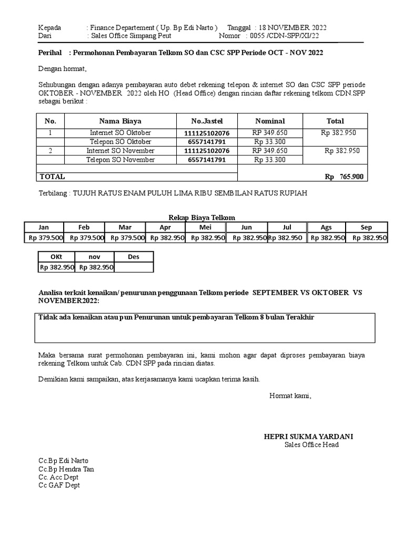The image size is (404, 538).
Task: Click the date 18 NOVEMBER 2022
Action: pos(292,27)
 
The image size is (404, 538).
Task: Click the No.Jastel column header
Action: pos(207,121)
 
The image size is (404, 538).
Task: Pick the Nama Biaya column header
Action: pos(120,121)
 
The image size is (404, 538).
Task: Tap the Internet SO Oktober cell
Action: pos(120,133)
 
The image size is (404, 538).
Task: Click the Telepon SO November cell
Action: pos(120,160)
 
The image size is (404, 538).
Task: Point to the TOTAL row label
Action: pos(53,177)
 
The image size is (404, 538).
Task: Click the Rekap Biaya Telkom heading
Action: pos(201,218)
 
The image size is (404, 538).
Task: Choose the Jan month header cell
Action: pos(44,227)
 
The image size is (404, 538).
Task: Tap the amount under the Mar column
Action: pos(125,237)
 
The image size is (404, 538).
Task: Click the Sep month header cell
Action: pos(366,227)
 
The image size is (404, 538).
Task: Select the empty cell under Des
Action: pos(134,267)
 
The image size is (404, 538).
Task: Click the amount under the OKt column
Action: pos(56,267)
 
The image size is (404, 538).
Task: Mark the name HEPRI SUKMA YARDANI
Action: pos(308,437)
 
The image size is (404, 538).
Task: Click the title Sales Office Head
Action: pos(311,445)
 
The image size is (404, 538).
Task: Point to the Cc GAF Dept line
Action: pos(59,485)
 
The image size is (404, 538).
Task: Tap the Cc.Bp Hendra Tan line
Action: pos(66,469)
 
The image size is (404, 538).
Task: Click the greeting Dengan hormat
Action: pos(62,69)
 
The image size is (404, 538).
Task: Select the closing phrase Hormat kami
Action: pos(290,396)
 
